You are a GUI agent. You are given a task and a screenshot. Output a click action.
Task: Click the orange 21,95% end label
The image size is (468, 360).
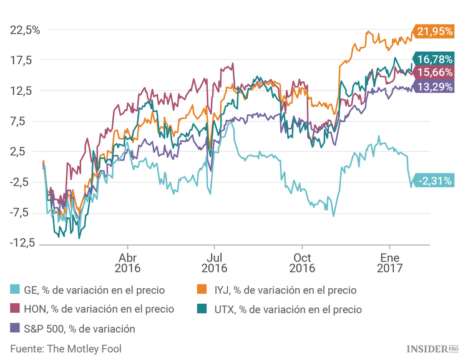[x=434, y=31]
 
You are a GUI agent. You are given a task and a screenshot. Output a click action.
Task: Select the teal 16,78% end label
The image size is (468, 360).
[x=434, y=59]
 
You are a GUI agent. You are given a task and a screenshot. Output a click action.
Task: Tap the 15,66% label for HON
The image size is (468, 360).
[x=434, y=73]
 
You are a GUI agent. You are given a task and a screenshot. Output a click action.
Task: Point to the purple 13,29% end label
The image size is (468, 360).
[x=434, y=87]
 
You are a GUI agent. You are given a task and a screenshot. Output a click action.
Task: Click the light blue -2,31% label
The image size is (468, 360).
[x=434, y=180]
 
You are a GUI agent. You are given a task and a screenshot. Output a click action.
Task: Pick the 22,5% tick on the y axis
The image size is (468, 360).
[x=25, y=29]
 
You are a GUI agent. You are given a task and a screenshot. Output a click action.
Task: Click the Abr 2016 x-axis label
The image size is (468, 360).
[x=128, y=263]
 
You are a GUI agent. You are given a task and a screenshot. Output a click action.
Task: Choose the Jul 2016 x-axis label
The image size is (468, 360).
[x=214, y=263]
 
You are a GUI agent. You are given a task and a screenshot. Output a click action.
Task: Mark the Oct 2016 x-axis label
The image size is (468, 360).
[x=302, y=263]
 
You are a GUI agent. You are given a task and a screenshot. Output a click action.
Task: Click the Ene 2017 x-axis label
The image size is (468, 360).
[x=390, y=263]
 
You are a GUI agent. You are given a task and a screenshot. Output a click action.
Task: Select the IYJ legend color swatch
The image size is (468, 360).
[x=203, y=290]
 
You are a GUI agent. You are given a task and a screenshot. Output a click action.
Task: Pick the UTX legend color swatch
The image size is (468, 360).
[x=203, y=309]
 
